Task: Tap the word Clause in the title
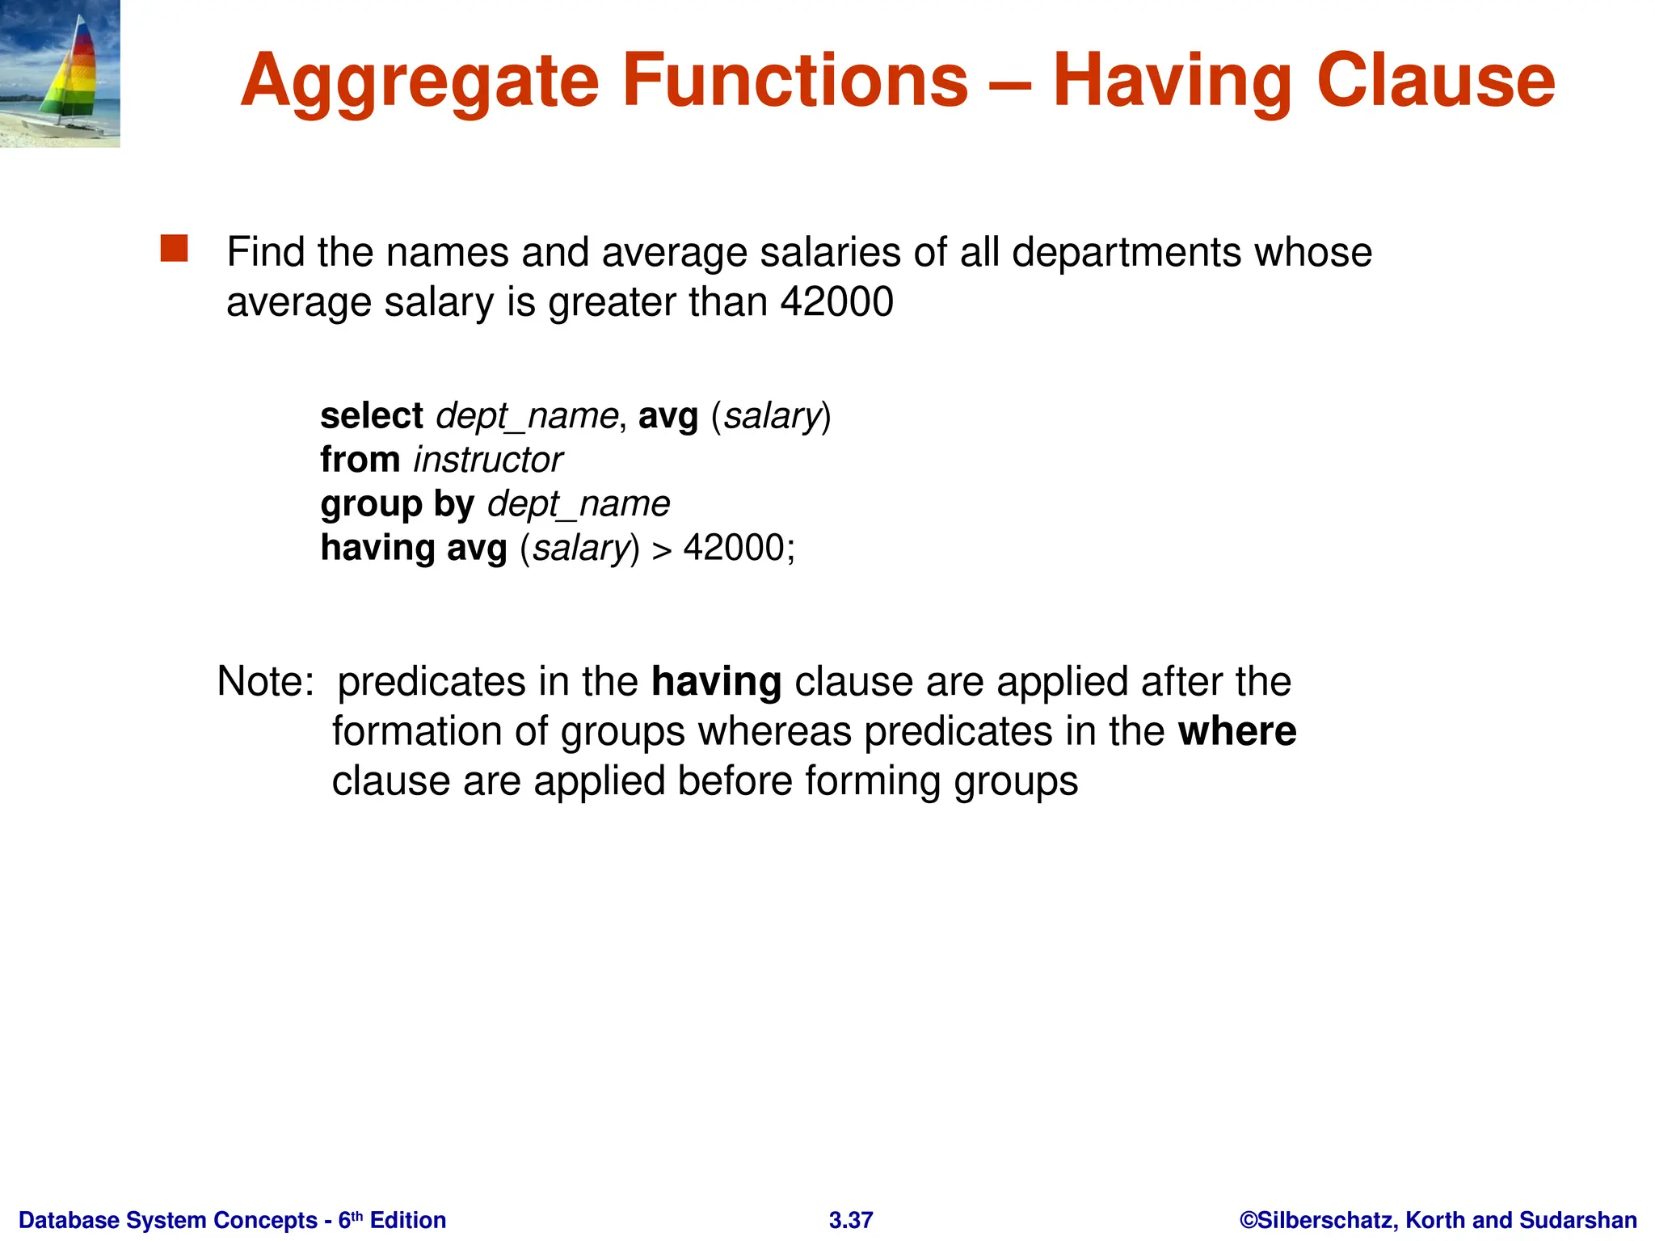(1435, 81)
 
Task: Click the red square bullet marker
(174, 249)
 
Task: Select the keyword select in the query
(372, 416)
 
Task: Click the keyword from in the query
(360, 460)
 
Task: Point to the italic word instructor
(488, 460)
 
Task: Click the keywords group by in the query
(398, 504)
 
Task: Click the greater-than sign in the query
(662, 550)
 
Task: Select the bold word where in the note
(1237, 731)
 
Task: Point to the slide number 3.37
(851, 1220)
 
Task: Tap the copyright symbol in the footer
(1249, 1220)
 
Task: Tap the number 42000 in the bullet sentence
(837, 302)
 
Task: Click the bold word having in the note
(717, 681)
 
